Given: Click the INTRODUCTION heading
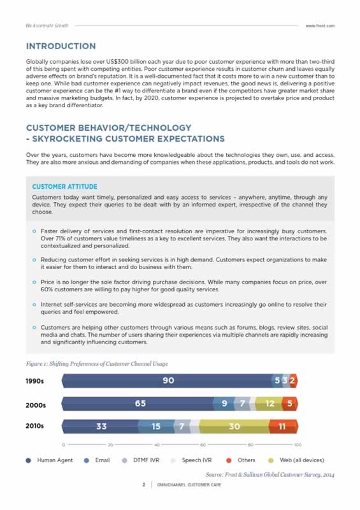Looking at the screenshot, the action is pos(61,46).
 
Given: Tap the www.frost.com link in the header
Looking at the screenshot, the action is pos(320,25).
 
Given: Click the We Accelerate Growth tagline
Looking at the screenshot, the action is pos(47,25).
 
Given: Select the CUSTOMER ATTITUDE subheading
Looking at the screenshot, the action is pos(64,187).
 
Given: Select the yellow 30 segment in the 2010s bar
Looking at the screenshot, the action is pos(234,426).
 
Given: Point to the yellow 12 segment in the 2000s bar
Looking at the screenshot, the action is pos(270,404).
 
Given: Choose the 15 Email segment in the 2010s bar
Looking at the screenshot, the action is pos(156,426).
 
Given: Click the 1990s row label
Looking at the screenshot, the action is pos(34,381).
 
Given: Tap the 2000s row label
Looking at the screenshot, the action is pos(34,404).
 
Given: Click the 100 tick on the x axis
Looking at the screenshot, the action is pos(297,444).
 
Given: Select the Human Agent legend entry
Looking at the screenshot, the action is pos(50,460).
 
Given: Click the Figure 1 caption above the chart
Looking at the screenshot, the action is pos(97,363).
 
